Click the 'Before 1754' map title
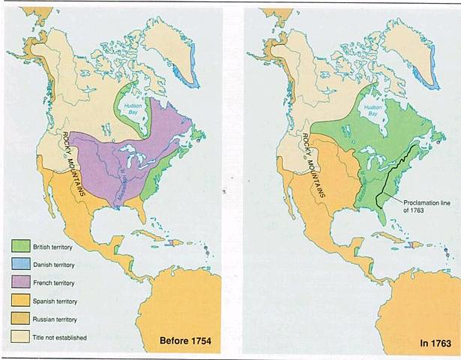pyautogui.click(x=185, y=342)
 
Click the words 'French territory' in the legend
pyautogui.click(x=56, y=283)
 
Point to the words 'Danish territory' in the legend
pyautogui.click(x=56, y=264)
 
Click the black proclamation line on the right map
pyautogui.click(x=397, y=169)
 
